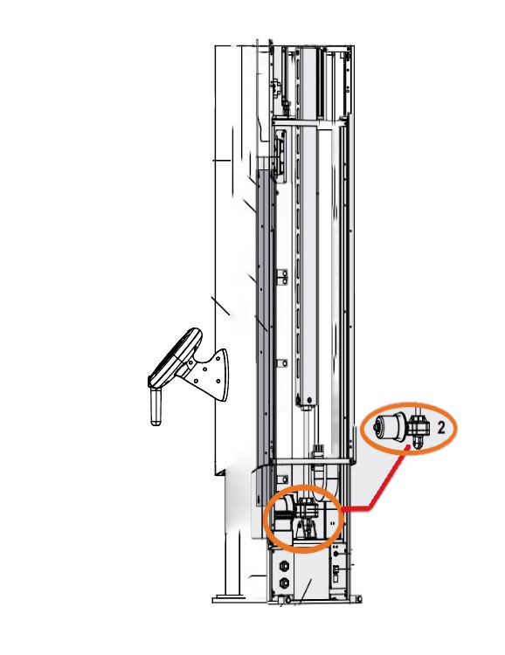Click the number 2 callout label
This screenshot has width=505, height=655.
pyautogui.click(x=441, y=428)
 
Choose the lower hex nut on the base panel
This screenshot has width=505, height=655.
pyautogui.click(x=284, y=583)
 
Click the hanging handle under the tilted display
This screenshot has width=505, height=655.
pyautogui.click(x=156, y=406)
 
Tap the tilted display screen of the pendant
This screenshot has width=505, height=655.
pyautogui.click(x=175, y=358)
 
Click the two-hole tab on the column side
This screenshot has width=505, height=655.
pyautogui.click(x=281, y=277)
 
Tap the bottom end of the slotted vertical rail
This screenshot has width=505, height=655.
pyautogui.click(x=307, y=402)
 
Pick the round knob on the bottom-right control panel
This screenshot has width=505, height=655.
pyautogui.click(x=337, y=554)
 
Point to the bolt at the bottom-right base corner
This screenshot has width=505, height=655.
pyautogui.click(x=359, y=599)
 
